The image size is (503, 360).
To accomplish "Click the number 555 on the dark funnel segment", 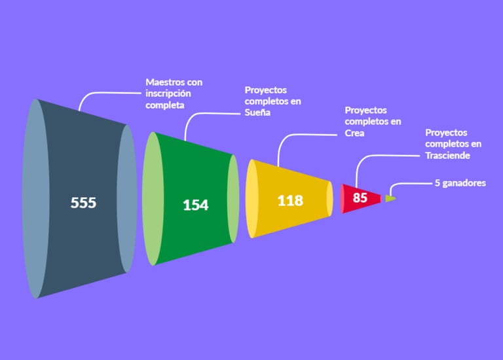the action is (83, 203).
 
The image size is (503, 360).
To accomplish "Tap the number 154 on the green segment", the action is (195, 205).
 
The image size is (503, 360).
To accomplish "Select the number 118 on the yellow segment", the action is (289, 200).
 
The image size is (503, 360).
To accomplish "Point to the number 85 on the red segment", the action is (360, 197).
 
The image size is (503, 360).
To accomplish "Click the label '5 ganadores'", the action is (460, 183).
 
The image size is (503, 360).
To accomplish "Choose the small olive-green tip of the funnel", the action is (390, 198).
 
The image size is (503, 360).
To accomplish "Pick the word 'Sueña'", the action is (258, 113).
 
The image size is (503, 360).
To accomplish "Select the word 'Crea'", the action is (354, 133).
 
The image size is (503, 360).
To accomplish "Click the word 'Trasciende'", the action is (448, 155).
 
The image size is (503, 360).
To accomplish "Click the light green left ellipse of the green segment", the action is (151, 198).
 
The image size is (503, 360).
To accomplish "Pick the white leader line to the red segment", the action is (380, 156).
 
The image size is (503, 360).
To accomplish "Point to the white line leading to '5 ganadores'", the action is (406, 184).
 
